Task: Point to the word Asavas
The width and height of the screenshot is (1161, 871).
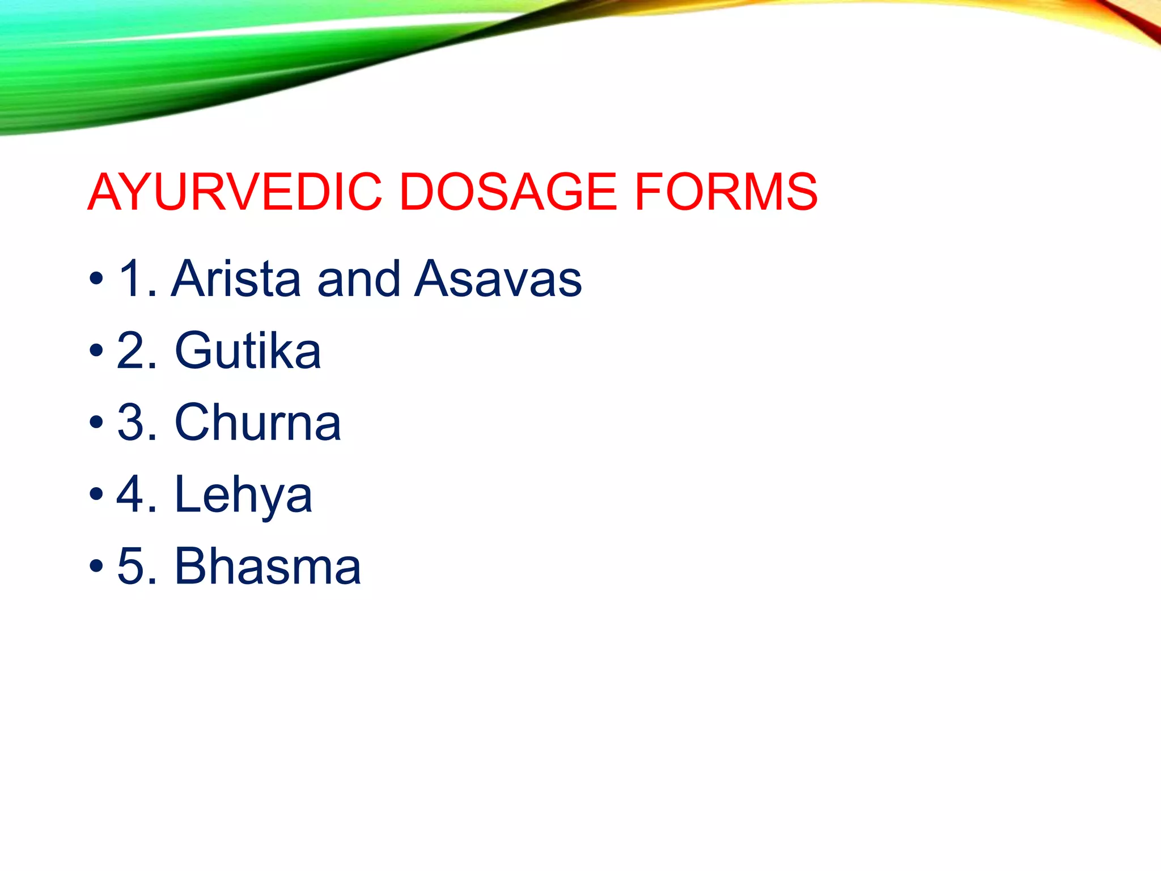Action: [498, 278]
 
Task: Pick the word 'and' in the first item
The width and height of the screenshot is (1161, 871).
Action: [359, 278]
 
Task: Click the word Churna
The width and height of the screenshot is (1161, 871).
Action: [258, 422]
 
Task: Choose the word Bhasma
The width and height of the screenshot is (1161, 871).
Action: [268, 566]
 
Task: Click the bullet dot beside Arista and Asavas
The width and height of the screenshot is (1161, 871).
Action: [96, 279]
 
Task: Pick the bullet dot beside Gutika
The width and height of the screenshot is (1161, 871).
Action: [96, 351]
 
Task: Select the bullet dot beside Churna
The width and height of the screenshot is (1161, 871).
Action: [96, 422]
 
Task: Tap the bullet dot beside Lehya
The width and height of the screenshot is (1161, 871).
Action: [96, 494]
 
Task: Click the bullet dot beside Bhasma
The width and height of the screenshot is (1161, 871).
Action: [96, 566]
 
